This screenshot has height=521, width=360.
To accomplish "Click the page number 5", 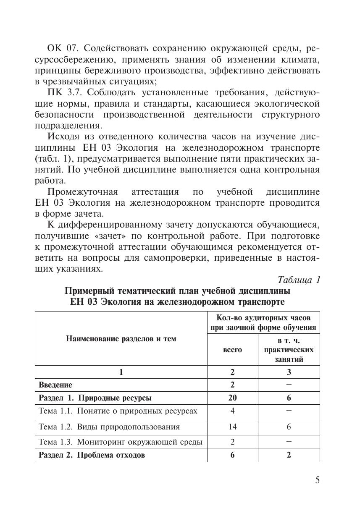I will pos(317,480).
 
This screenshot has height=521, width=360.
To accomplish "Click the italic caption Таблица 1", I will pos(299,280).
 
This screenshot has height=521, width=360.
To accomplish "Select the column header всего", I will pos(232,349).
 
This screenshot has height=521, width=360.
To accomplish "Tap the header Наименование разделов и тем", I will pos(121,339).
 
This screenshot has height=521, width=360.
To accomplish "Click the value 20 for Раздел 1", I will pos(232,398).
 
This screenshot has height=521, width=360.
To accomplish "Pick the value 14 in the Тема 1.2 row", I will pos(232,427).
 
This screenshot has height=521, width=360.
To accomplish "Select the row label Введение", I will pos(55,385).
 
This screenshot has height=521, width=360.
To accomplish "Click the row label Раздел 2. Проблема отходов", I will pos(92,455).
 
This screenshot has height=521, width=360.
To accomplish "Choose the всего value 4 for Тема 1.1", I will pos(232,411).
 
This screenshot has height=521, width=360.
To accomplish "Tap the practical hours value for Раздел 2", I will pos(289,455).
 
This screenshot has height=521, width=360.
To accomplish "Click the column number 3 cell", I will pos(289,372).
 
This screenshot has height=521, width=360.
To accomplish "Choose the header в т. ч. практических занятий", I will pos(289,349).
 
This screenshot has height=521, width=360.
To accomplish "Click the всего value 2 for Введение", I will pos(232,385).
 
